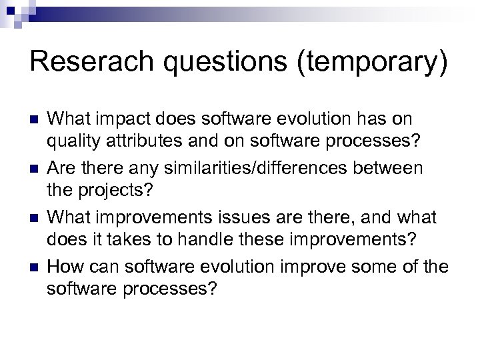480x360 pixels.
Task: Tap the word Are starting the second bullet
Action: coord(63,169)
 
